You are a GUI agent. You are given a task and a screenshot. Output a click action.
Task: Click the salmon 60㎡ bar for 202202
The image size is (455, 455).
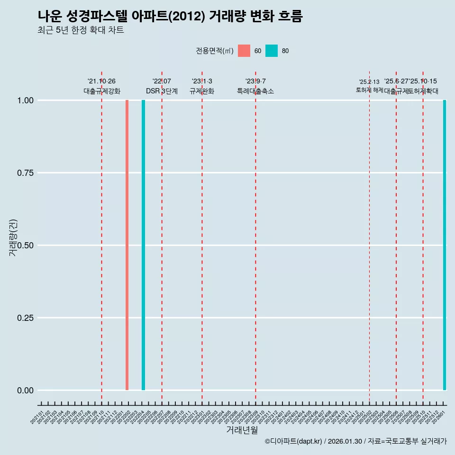tap(127, 245)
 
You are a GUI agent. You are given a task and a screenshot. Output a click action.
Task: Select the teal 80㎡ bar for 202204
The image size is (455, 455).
tap(143, 245)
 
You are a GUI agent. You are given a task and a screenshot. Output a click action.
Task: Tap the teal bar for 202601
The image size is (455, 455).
tap(445, 245)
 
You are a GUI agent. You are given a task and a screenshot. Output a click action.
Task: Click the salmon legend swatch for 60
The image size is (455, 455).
tap(244, 51)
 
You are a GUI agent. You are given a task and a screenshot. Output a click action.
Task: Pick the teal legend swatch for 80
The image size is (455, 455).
tap(272, 51)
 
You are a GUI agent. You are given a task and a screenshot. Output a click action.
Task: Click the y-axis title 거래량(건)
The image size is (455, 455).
tap(13, 237)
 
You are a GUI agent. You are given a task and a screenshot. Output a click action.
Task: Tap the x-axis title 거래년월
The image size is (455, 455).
tap(242, 430)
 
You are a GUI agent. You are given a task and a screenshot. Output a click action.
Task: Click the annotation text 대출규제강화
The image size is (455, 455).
tap(102, 91)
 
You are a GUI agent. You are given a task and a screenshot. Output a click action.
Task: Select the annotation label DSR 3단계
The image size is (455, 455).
tap(162, 91)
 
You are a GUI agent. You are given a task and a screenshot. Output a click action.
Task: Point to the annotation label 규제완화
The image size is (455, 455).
tap(202, 91)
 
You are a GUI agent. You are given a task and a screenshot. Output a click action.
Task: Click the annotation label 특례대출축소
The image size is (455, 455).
tap(255, 91)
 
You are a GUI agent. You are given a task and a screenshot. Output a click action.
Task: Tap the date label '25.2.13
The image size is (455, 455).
tap(369, 82)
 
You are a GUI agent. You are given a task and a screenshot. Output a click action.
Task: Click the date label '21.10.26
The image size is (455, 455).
tap(101, 82)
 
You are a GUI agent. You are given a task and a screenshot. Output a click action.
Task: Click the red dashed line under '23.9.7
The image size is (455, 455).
tap(255, 237)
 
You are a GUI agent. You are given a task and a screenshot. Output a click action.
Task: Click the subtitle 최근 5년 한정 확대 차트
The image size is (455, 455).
tap(81, 30)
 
